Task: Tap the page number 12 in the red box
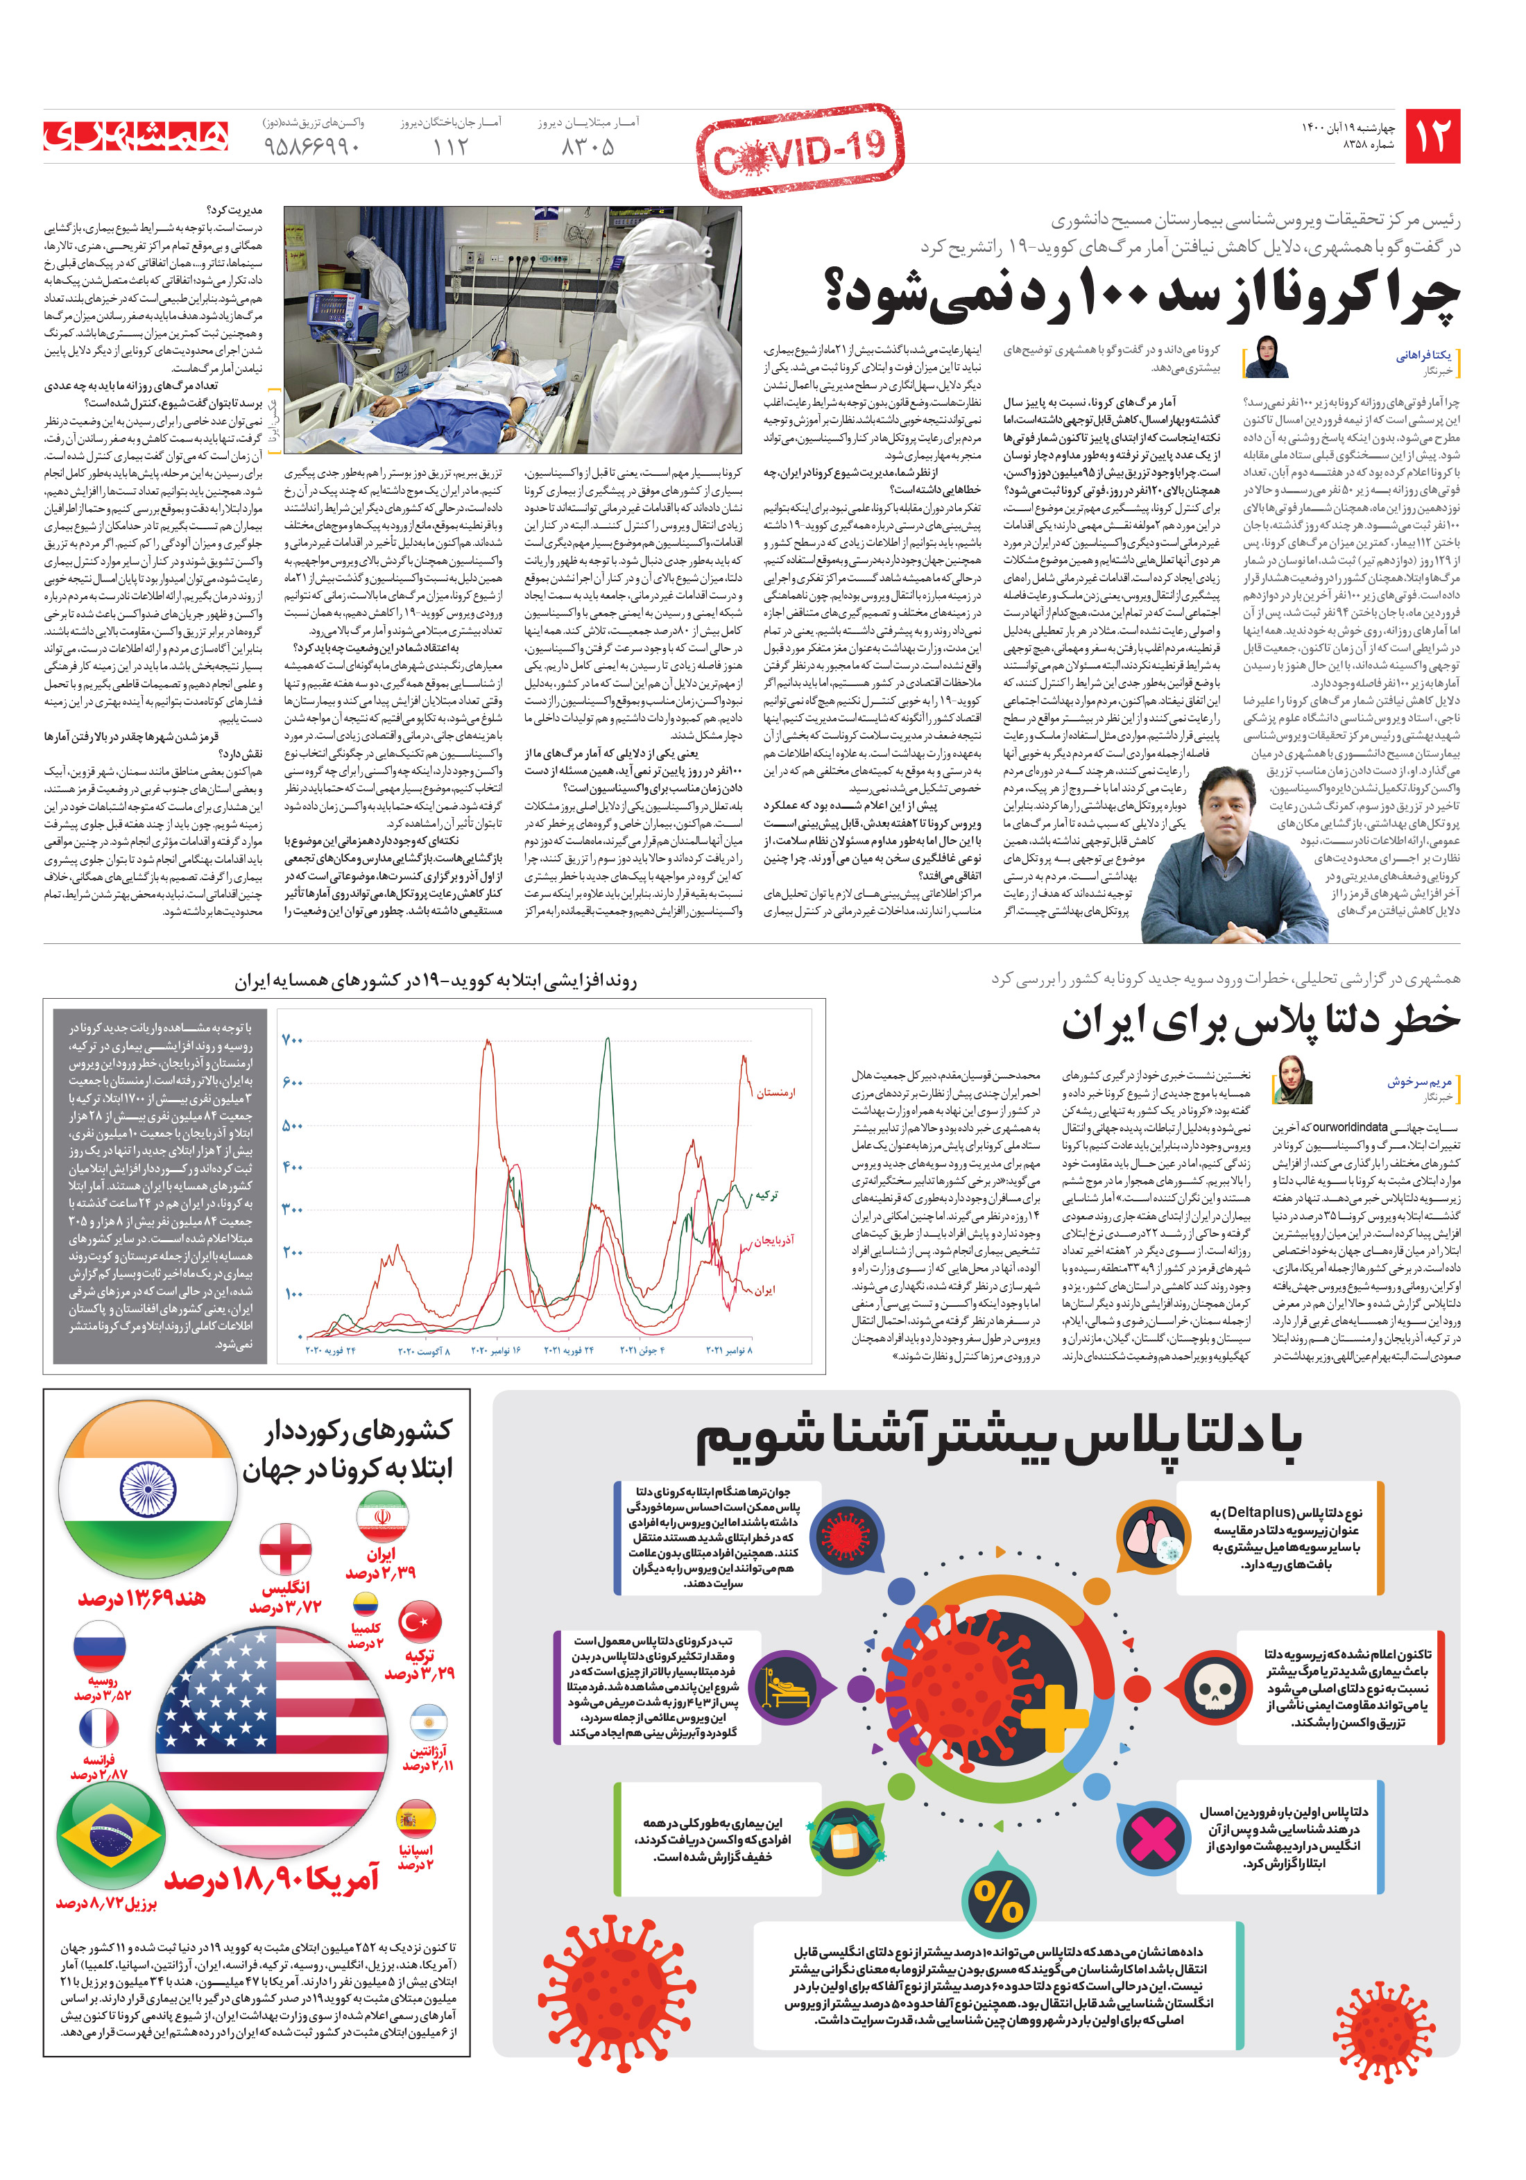[x=1432, y=137]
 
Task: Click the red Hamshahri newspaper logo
[x=136, y=137]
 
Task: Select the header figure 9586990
[x=312, y=147]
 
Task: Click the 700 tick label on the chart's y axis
[x=293, y=1040]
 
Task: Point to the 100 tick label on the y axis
[x=293, y=1293]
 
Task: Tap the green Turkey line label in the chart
[x=766, y=1194]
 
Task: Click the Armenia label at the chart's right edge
[x=775, y=1093]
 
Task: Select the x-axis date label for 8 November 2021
[x=728, y=1350]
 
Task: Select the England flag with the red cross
[x=285, y=1552]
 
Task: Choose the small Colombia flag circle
[x=366, y=1604]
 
